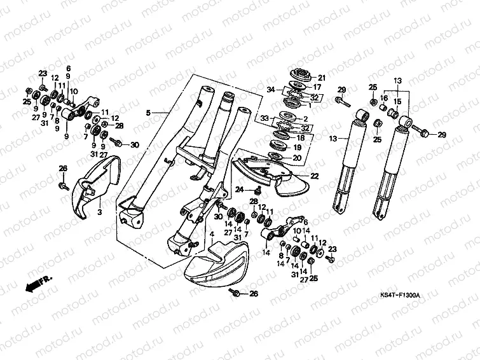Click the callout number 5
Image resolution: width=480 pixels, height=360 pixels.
click(147, 113)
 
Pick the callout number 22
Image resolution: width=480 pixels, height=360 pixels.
click(314, 176)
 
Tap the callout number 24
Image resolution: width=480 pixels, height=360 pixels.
click(240, 190)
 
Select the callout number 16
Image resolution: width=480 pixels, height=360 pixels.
click(383, 98)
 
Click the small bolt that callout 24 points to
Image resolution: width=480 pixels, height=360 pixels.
click(256, 190)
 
